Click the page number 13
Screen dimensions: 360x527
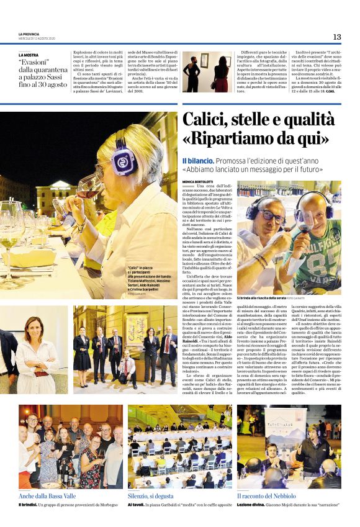pyautogui.click(x=337, y=37)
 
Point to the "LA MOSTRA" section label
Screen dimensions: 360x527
pyautogui.click(x=28, y=55)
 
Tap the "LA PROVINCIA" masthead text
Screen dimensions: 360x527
pyautogui.click(x=29, y=34)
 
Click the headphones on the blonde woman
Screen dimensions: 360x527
pyautogui.click(x=123, y=158)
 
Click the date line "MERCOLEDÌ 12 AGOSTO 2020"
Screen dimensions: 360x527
pyautogui.click(x=37, y=38)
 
